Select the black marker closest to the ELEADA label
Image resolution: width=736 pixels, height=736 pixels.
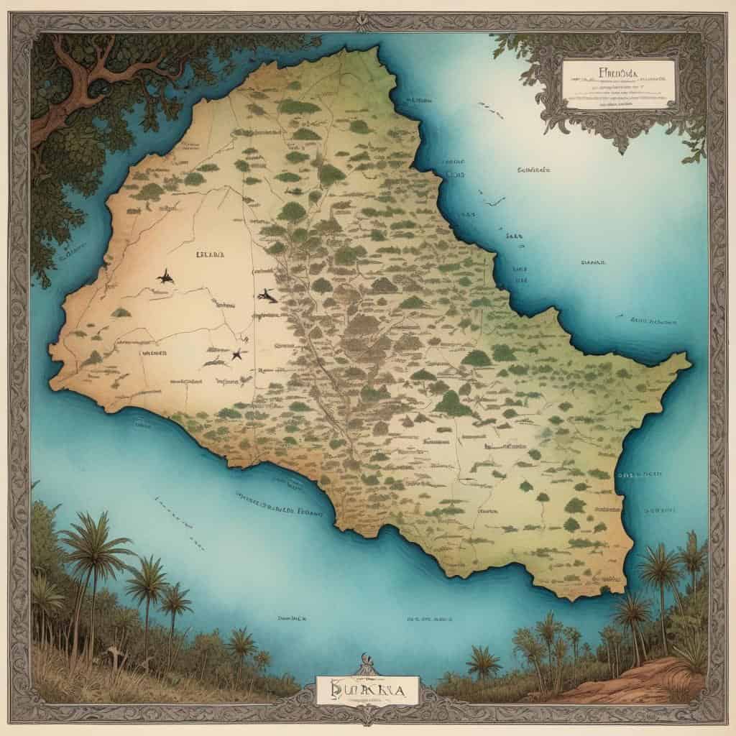166,275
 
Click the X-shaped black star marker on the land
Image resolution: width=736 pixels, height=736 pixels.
236,353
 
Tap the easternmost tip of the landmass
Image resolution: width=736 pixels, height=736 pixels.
690,359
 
